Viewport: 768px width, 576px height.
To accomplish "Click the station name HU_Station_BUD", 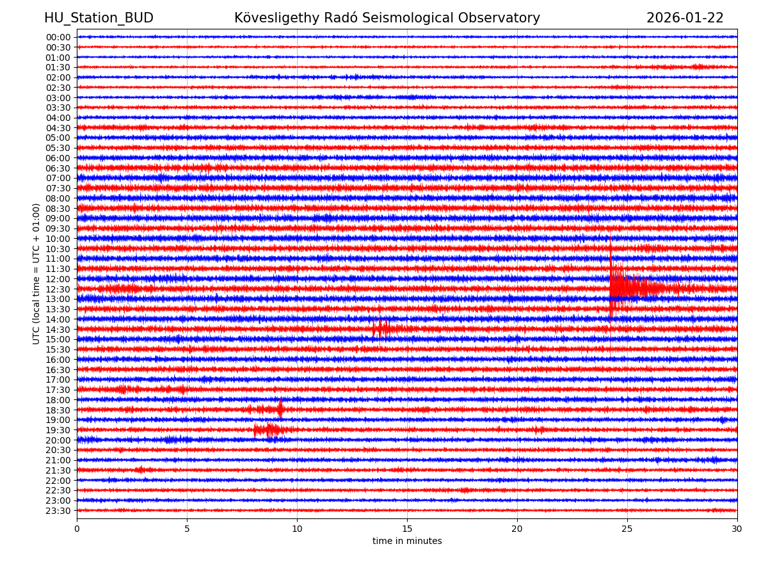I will pos(99,18).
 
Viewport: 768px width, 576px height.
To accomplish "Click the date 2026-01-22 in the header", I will pos(685,18).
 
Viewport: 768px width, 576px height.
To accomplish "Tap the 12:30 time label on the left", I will pos(58,289).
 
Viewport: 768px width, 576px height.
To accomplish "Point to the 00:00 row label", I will pos(58,37).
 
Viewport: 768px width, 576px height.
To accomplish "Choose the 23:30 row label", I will pos(58,511).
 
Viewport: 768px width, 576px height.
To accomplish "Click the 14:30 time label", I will pos(58,330).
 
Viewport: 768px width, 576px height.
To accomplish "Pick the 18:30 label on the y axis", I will pos(58,410).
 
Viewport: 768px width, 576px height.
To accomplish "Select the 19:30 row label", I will pos(58,430).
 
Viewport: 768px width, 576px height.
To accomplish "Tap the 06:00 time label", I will pos(58,158).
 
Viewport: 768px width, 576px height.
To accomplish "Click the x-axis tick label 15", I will pos(407,529).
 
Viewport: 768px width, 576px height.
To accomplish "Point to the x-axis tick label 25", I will pos(627,529).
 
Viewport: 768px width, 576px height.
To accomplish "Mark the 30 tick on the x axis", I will pos(737,529).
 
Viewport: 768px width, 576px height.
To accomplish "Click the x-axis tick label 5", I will pos(187,529).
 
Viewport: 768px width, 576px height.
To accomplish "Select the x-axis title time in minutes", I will pos(407,541).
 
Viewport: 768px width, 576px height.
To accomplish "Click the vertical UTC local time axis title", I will pos(37,273).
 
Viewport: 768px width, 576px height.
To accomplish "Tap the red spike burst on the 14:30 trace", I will pos(381,328).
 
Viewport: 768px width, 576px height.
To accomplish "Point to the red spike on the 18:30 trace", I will pos(280,408).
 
